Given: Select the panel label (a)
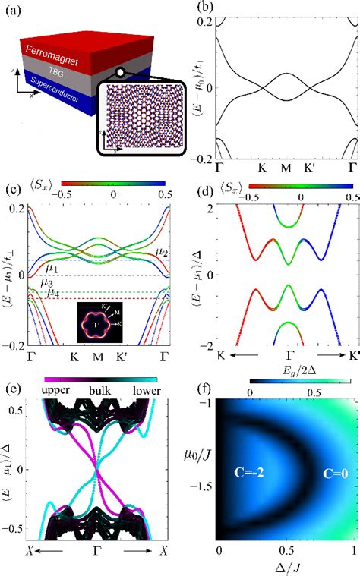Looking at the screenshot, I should pos(14,11).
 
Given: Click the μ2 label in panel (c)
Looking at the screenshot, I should pos(163,251).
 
